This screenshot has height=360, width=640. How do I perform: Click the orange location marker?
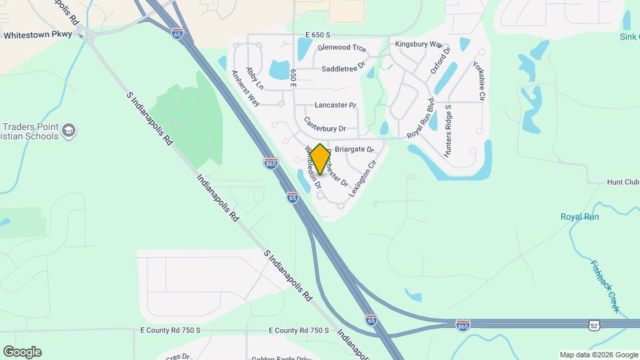(320, 159)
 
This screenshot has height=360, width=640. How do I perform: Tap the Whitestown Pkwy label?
(37, 35)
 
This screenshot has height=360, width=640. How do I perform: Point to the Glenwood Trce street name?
(342, 48)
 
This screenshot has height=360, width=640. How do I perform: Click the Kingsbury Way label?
(419, 44)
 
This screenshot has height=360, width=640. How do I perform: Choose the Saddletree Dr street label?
(344, 69)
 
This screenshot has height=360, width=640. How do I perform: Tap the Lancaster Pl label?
(335, 105)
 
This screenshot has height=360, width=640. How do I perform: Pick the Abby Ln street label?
(255, 78)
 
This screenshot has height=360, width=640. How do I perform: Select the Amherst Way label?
(245, 88)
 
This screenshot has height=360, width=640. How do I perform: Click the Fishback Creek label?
(605, 286)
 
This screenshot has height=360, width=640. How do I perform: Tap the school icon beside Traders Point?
(69, 131)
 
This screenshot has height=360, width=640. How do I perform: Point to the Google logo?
(22, 352)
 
